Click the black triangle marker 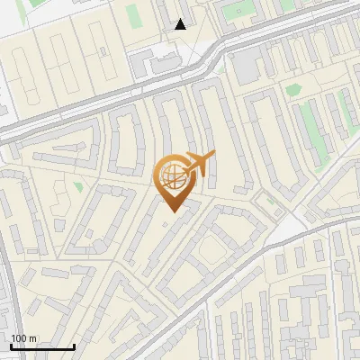[x=181, y=24]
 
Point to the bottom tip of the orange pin [x=171, y=211]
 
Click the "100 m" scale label [x=23, y=337]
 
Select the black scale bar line [x=41, y=346]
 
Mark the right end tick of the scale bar [x=74, y=346]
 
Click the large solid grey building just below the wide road [x=245, y=65]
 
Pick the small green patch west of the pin [x=78, y=187]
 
